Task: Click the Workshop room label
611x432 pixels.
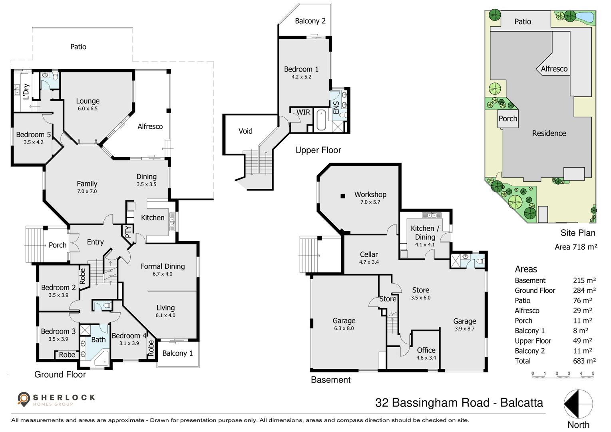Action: (x=370, y=194)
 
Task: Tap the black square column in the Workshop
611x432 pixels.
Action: (x=342, y=196)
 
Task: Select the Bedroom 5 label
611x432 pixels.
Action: (x=33, y=135)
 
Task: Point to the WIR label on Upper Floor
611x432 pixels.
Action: (x=303, y=112)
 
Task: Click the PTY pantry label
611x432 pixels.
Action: (x=128, y=232)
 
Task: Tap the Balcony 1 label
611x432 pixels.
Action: (x=177, y=353)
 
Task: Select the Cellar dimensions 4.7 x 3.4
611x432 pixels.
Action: (x=369, y=262)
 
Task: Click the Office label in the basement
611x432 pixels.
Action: (x=426, y=350)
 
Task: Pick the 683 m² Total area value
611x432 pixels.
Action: (x=584, y=361)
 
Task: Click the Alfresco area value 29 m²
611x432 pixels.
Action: (x=582, y=311)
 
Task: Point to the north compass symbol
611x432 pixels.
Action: (x=578, y=404)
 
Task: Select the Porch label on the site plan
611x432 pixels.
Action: (x=508, y=119)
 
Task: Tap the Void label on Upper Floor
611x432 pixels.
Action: (x=245, y=131)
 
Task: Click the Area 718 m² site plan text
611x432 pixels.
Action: (x=575, y=247)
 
